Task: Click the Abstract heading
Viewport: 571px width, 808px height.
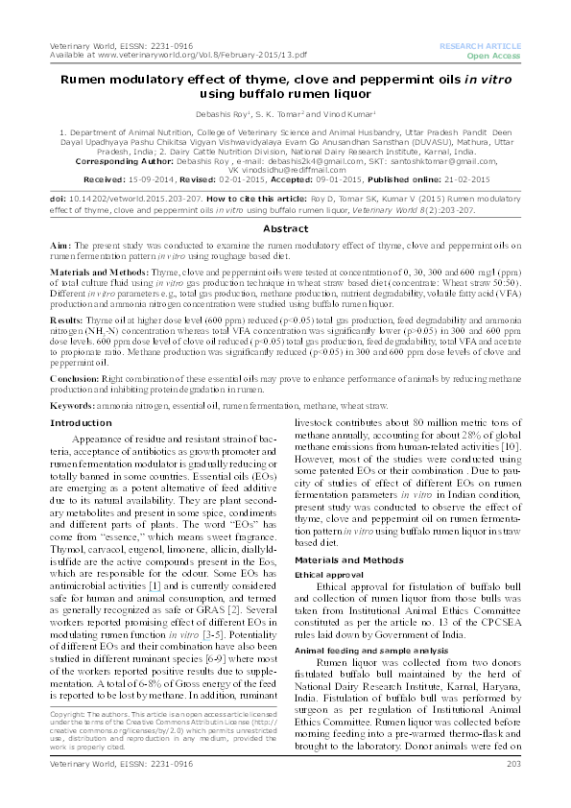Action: [x=285, y=229]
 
